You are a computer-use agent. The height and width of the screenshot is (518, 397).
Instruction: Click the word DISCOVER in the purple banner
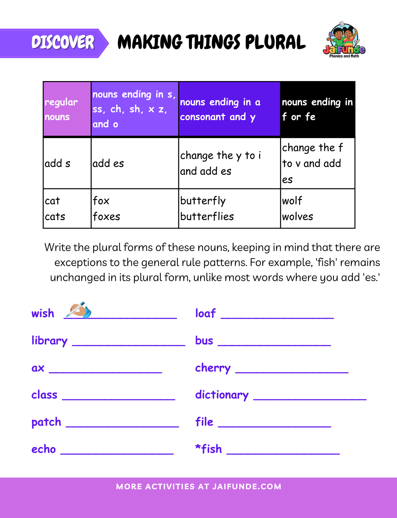click(63, 43)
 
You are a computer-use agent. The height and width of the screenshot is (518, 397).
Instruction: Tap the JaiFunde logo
click(344, 41)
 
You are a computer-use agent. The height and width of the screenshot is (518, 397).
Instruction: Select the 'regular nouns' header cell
click(67, 109)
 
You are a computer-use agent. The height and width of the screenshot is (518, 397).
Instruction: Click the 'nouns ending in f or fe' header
click(317, 109)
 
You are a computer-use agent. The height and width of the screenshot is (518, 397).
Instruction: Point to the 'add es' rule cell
click(108, 164)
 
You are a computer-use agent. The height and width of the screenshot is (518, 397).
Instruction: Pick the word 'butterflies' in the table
click(207, 217)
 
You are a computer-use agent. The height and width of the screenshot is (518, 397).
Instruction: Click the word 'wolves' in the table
click(298, 217)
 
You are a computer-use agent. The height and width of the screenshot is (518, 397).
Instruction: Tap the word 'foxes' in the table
click(106, 217)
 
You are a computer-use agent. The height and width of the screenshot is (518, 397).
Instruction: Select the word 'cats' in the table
click(55, 217)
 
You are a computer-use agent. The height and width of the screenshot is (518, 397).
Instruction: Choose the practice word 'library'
click(49, 341)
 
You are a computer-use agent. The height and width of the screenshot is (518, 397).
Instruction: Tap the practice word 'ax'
click(38, 368)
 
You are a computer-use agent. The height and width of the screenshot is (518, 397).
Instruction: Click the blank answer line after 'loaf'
click(277, 317)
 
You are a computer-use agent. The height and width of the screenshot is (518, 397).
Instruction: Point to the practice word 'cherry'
click(213, 368)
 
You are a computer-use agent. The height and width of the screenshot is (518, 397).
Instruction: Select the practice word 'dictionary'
click(222, 395)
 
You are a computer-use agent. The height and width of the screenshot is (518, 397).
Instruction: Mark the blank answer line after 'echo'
click(117, 453)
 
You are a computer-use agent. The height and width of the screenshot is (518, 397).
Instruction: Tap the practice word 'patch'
click(46, 422)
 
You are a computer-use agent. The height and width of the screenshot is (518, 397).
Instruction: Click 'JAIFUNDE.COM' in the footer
click(247, 486)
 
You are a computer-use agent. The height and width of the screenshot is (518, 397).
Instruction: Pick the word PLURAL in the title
click(275, 43)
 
